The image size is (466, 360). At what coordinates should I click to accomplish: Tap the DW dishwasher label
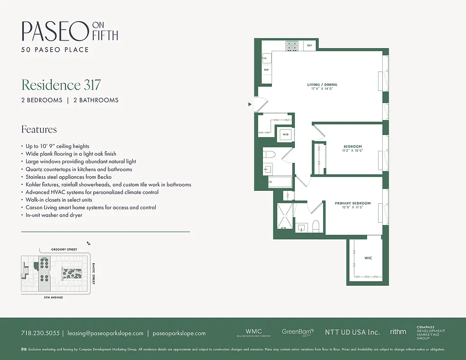(267, 70)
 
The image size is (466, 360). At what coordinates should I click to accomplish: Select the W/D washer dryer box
(285, 134)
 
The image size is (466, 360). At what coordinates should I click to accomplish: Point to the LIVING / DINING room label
(322, 85)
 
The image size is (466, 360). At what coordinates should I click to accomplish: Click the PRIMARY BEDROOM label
(349, 203)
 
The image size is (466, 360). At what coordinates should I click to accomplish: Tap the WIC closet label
(368, 258)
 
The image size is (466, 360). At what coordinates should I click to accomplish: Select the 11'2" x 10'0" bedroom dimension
(353, 151)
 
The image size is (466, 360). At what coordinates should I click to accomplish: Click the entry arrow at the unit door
(250, 104)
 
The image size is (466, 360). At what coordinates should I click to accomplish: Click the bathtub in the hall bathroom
(280, 182)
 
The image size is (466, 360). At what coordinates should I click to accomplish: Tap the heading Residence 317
(61, 85)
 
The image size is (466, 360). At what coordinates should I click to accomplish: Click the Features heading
(39, 130)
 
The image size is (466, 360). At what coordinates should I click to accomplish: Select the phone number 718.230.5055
(40, 333)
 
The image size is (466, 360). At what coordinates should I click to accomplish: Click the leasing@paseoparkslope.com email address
(105, 333)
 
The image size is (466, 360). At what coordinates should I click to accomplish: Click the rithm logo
(398, 332)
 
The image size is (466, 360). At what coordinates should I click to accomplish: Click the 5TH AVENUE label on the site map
(53, 298)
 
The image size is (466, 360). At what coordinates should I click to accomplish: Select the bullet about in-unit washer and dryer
(54, 215)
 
